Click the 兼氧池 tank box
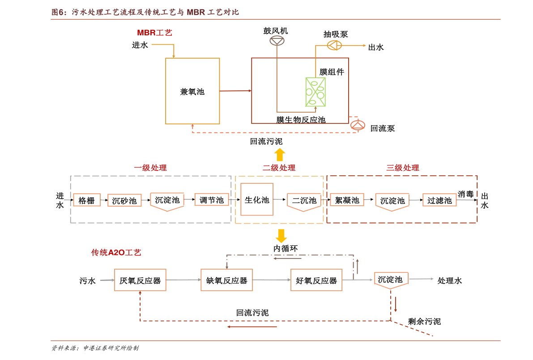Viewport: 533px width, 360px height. point(192,91)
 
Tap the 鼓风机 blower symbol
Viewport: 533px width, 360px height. point(277,41)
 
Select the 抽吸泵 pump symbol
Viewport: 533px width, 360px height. point(334,45)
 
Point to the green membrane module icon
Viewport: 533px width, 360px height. point(316,92)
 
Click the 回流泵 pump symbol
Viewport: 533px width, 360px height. point(358,125)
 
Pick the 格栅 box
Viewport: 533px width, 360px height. point(87,200)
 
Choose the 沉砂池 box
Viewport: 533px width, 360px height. point(124,200)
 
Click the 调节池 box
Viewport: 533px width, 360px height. point(211,200)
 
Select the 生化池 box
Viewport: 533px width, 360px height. point(257,199)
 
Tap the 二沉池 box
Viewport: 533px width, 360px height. point(304,202)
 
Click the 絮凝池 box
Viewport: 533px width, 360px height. point(347,200)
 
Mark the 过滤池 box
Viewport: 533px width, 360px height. point(439,200)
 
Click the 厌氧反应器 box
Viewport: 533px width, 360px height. point(140,280)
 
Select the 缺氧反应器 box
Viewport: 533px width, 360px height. point(227,280)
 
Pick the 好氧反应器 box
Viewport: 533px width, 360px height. point(316,280)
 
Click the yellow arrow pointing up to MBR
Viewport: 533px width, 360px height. point(280,155)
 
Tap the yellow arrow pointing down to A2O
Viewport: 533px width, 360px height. point(281,236)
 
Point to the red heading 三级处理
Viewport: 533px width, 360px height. point(402,168)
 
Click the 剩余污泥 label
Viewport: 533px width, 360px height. point(424,321)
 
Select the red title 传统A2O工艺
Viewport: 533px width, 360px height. point(116,252)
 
